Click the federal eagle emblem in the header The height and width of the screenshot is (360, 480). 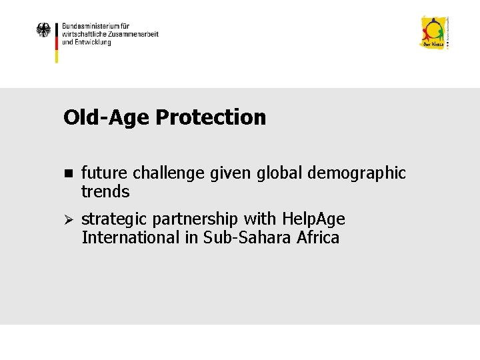pos(44,31)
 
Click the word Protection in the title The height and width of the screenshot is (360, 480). pos(211,117)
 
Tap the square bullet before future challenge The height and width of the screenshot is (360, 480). pos(67,173)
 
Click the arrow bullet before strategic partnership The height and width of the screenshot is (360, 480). pos(67,219)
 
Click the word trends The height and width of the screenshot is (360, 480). pos(105,192)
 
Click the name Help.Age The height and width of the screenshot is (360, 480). pos(313,219)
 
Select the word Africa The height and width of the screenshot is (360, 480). pos(316,237)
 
